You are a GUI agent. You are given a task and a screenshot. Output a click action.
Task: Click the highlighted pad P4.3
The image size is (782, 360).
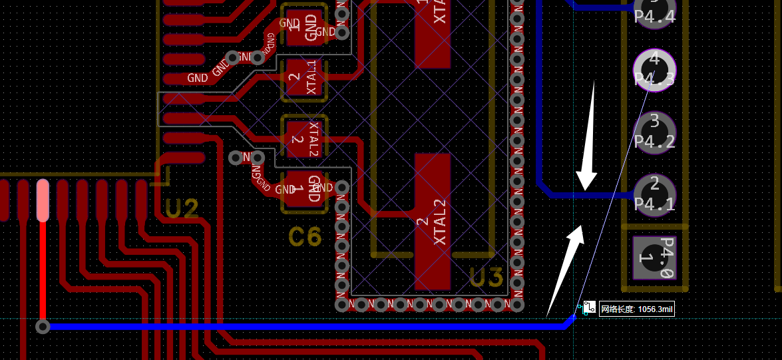click(x=654, y=69)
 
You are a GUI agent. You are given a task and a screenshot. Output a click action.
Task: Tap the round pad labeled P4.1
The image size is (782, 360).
click(x=654, y=194)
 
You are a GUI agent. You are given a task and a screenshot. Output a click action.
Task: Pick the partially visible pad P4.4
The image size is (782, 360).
click(x=655, y=11)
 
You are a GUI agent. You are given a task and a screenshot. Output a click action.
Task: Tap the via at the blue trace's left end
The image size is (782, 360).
click(x=43, y=327)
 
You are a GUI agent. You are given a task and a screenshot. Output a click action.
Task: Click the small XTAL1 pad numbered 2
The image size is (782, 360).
click(x=305, y=80)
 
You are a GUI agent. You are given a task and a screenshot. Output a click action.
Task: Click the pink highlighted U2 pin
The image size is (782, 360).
click(x=43, y=200)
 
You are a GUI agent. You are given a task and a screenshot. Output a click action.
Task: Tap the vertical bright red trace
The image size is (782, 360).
click(x=43, y=273)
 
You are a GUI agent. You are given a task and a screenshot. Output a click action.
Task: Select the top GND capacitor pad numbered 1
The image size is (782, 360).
click(x=305, y=26)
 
